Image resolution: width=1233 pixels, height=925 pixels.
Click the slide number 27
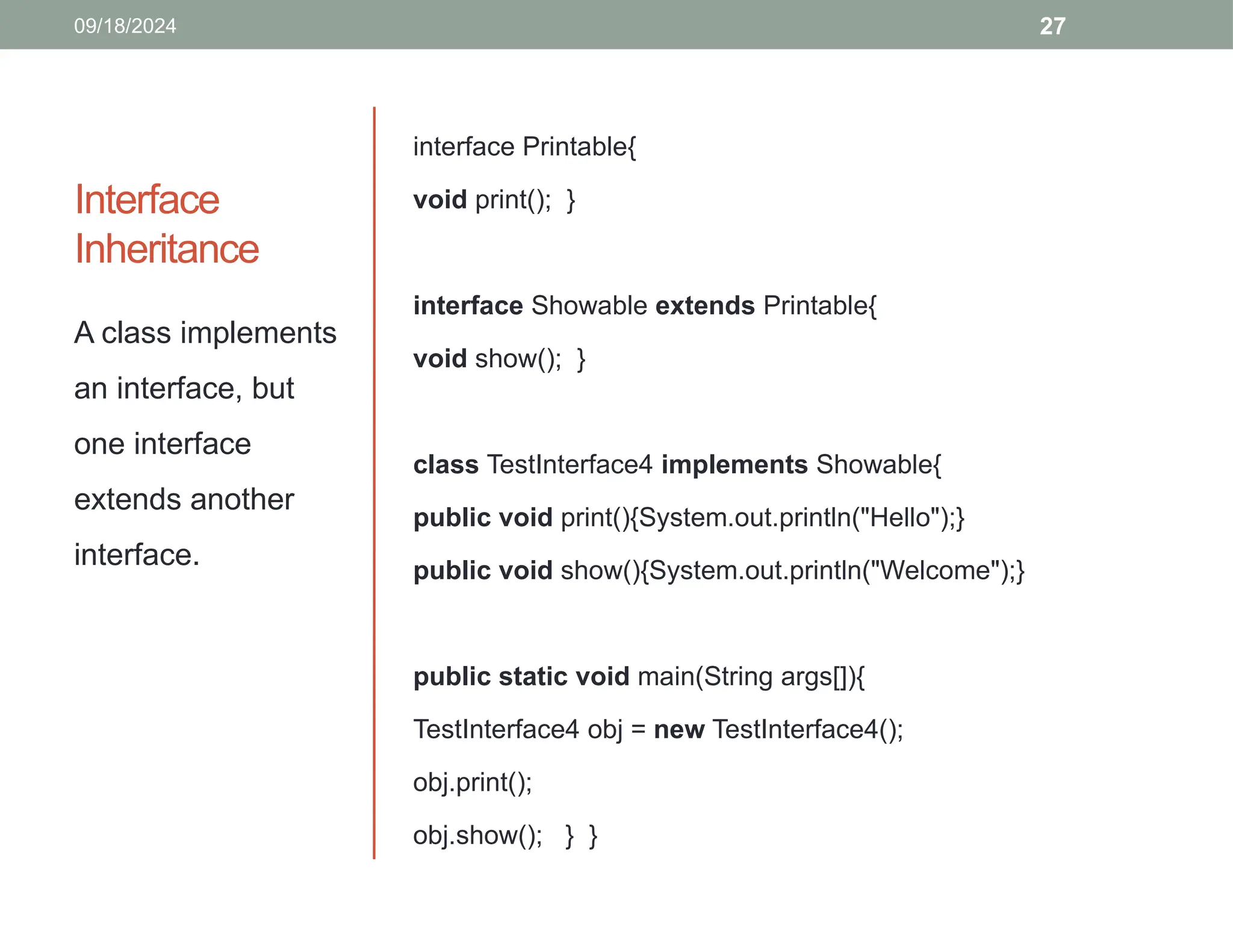click(x=1052, y=26)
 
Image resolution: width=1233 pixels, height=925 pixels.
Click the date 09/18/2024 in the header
click(x=125, y=26)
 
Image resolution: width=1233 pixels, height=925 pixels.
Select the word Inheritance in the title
click(x=167, y=249)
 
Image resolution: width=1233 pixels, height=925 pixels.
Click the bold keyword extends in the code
click(x=704, y=306)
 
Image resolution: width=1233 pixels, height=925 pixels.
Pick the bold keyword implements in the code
click(x=734, y=465)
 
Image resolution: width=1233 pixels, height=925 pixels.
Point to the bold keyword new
click(x=679, y=730)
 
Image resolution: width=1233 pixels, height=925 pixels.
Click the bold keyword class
click(x=446, y=465)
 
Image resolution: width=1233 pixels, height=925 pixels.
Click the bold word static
click(x=533, y=677)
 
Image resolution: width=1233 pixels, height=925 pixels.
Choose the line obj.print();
click(x=473, y=783)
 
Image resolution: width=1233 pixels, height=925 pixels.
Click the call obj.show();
click(x=477, y=836)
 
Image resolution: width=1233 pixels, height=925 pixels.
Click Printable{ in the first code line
click(x=579, y=147)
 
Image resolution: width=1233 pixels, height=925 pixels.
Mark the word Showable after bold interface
click(x=589, y=306)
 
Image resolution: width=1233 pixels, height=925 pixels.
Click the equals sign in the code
click(x=638, y=730)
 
